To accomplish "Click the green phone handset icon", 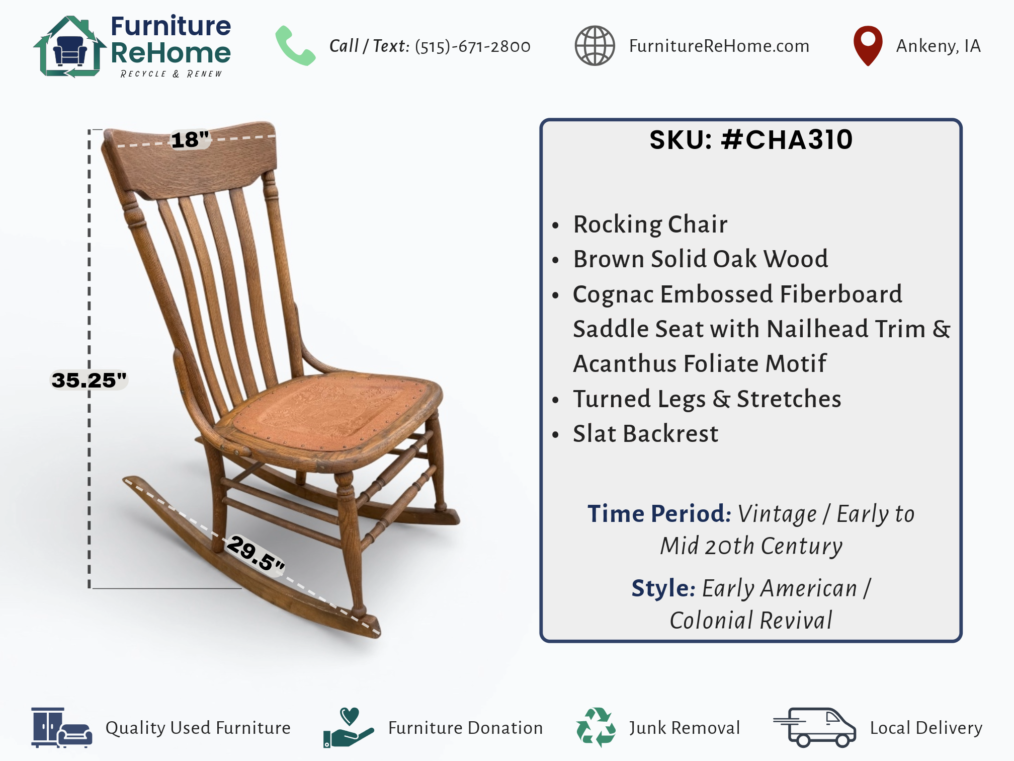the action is [x=295, y=46].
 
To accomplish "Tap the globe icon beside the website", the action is [x=595, y=46].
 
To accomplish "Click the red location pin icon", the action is [x=868, y=45].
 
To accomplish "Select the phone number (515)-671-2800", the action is [x=473, y=46].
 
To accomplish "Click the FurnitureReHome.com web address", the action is [x=719, y=46].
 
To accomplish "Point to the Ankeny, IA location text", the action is [x=939, y=46].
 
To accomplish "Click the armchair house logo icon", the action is [x=69, y=47].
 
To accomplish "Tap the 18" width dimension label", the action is [x=190, y=139].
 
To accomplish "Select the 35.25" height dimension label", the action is [x=90, y=380].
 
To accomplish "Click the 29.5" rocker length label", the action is [x=256, y=554].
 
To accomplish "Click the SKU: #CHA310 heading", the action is [x=751, y=139].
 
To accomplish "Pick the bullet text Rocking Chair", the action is [x=650, y=224].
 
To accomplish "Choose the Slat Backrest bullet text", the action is [x=646, y=434].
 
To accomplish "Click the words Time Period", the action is [x=659, y=514].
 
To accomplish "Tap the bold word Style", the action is [x=663, y=588].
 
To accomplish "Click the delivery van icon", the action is [x=815, y=727].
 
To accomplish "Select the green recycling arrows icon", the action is [x=596, y=727].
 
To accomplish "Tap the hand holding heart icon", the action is [x=349, y=727].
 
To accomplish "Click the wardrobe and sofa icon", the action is [x=61, y=727].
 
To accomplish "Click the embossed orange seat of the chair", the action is [x=332, y=410].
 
